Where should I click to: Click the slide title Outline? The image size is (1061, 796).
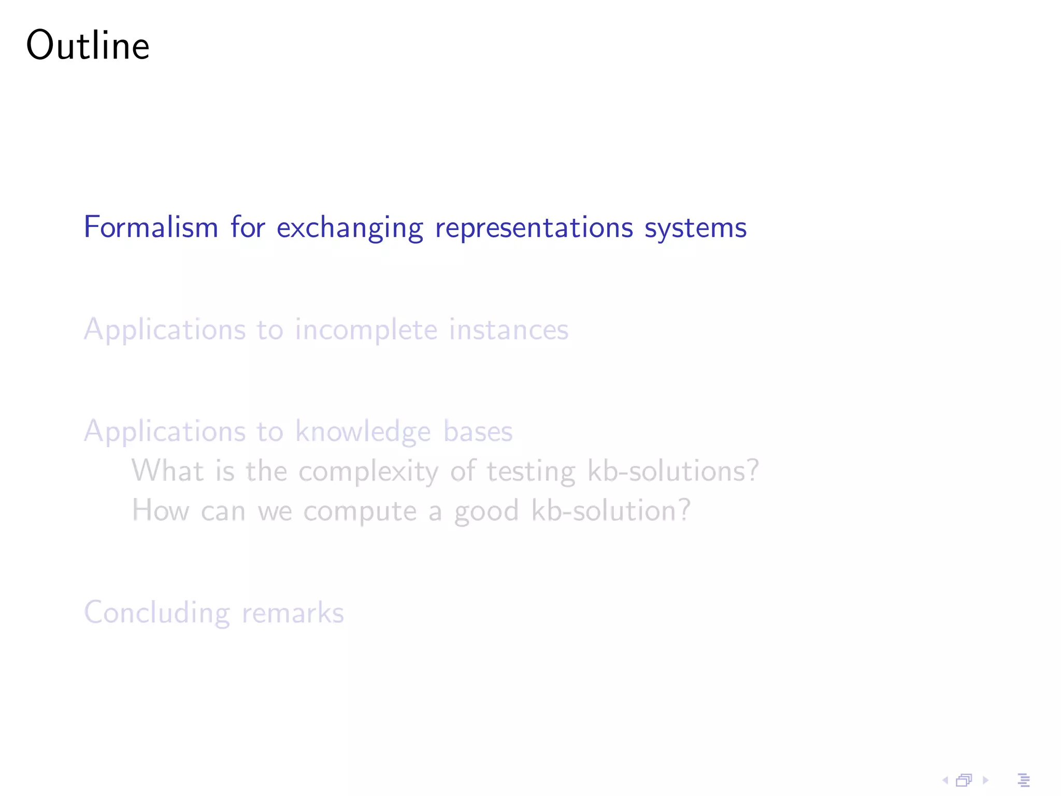coord(88,46)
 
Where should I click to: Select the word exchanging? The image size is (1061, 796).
coord(350,228)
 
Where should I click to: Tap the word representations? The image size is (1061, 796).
coord(534,228)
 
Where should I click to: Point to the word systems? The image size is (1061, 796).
coord(695,228)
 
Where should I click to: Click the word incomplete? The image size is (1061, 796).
coord(366,330)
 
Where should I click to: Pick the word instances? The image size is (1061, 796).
coord(508,330)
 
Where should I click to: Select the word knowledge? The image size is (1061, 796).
coord(363,432)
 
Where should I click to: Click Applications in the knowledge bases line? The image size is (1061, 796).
coord(165,432)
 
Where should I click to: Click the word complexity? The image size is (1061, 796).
coord(368,472)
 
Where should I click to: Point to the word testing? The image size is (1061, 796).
coord(531,472)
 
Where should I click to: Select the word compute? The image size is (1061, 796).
coord(360,511)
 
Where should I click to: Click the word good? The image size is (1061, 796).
coord(486,511)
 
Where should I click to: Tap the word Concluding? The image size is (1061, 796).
coord(157,613)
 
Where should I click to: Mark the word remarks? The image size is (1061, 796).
coord(293,613)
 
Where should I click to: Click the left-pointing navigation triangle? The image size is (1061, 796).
coord(944,780)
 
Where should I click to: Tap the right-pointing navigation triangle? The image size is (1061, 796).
coord(985,780)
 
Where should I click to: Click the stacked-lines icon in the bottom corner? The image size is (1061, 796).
coord(1024,780)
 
